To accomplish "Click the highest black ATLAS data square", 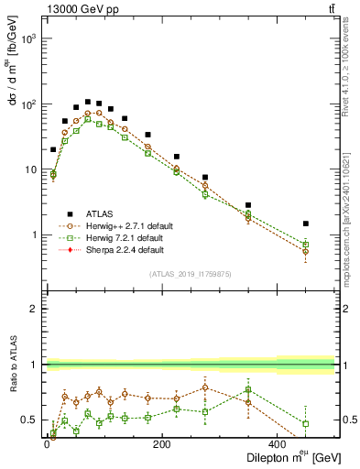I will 88,102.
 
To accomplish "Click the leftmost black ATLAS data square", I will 53,149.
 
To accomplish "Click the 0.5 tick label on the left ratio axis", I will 31,420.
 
